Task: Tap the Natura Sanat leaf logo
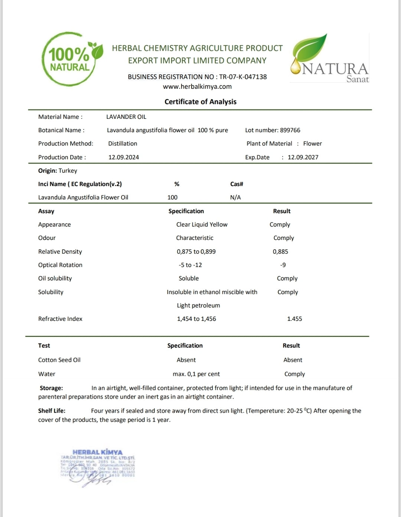329,58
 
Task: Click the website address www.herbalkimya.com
197,87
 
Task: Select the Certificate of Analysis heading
200,102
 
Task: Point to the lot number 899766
290,130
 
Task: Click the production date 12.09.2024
124,157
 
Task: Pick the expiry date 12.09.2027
303,157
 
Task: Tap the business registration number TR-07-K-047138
243,77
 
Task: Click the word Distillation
123,143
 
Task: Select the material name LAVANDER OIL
126,117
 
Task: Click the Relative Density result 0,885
280,251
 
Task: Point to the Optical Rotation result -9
283,265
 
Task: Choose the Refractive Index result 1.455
294,319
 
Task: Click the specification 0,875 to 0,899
196,251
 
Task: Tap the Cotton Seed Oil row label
59,360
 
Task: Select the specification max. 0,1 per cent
196,374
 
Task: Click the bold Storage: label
51,388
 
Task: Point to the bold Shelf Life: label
52,411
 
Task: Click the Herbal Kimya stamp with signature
97,466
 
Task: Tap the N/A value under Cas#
235,197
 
